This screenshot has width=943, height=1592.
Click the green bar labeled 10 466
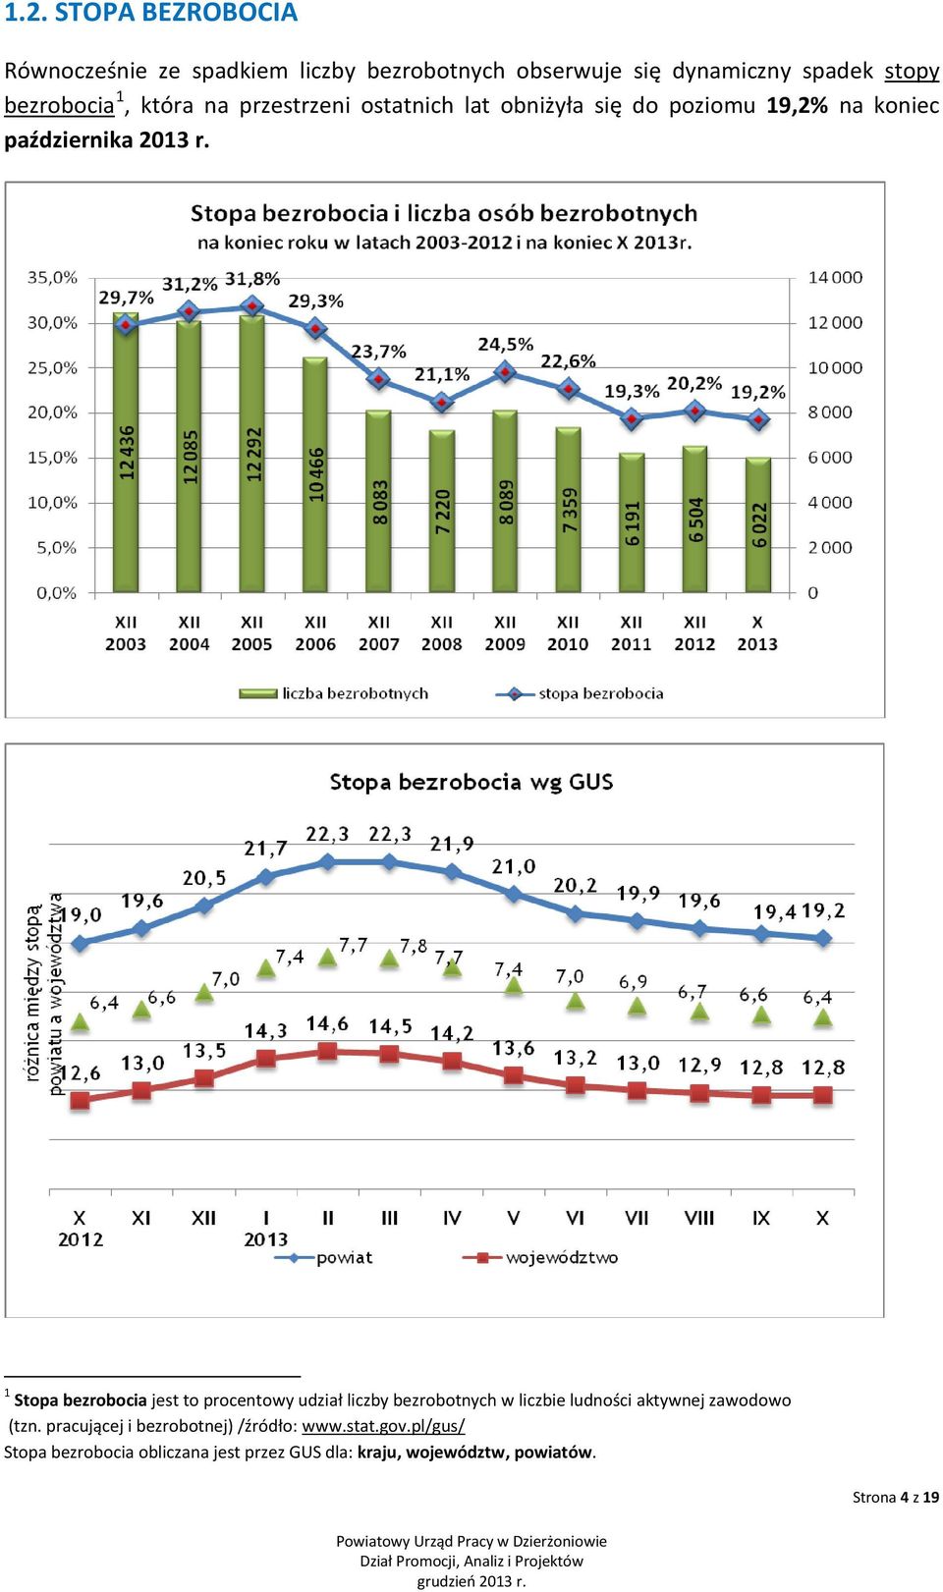[x=315, y=474]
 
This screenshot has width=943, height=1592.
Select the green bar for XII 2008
[x=442, y=511]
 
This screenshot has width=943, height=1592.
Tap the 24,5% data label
[x=505, y=345]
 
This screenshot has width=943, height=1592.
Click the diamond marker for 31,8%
[x=252, y=306]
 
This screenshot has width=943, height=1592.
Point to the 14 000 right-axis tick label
[x=834, y=277]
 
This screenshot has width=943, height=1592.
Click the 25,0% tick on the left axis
[x=52, y=367]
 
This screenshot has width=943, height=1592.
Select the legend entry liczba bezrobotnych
[x=334, y=693]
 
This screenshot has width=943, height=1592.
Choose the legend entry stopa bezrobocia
[x=580, y=693]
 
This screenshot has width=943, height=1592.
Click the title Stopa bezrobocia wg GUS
[x=471, y=782]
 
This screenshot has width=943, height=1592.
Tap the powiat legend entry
[x=323, y=1257]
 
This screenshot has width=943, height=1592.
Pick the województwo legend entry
[x=540, y=1257]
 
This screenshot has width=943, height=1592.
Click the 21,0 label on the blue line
[x=514, y=866]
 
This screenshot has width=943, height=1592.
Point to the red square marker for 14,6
[x=328, y=1051]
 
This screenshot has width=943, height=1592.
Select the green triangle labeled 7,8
[x=389, y=959]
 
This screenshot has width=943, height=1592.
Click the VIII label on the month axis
[x=698, y=1218]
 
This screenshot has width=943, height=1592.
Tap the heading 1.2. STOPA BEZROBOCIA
[x=150, y=13]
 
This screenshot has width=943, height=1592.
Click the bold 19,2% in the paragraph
[x=797, y=105]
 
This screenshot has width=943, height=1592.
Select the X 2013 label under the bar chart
[x=757, y=633]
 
